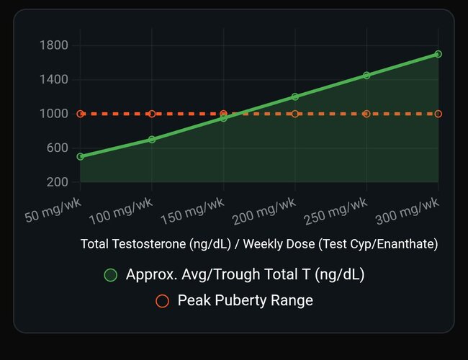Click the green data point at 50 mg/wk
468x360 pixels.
point(81,156)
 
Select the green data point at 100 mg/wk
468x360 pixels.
point(152,139)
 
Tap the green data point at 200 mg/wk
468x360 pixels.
point(295,96)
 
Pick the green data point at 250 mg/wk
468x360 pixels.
point(366,75)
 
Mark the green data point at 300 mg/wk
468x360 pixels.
point(438,54)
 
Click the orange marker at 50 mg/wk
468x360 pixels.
point(81,114)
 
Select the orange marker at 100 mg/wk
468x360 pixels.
point(152,114)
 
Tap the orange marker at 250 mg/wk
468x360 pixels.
point(366,114)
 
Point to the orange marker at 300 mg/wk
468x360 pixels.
point(438,114)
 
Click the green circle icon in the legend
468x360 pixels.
point(111,275)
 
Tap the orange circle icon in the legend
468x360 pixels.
point(163,301)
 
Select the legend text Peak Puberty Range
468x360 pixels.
point(245,301)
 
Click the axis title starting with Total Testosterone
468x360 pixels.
point(259,244)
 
